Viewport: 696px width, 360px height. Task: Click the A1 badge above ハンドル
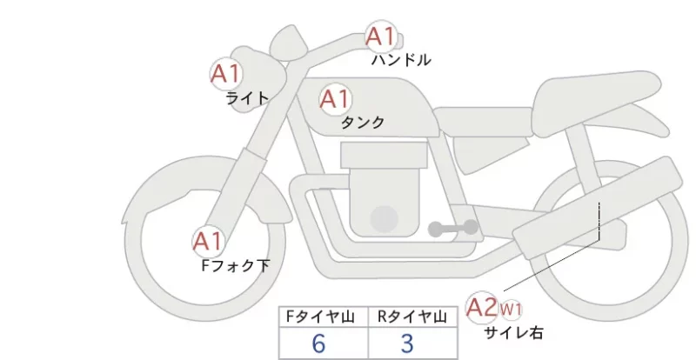coord(380,37)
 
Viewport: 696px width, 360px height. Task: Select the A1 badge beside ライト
coord(225,74)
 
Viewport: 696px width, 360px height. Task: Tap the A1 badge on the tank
coord(335,99)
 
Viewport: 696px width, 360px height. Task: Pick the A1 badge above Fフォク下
coord(208,242)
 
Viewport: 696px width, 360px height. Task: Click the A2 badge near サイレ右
coord(482,308)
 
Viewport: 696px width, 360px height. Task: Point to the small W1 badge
coord(511,309)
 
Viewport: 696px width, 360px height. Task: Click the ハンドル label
coord(401,59)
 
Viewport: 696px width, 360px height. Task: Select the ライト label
coord(247,98)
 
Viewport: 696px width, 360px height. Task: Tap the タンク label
coord(363,122)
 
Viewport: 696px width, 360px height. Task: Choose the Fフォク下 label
coord(235,265)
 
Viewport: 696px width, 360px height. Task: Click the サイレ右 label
coord(513,332)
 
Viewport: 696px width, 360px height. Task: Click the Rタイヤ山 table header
coord(412,317)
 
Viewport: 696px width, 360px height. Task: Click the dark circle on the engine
coord(385,219)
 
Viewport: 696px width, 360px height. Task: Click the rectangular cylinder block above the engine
coord(384,155)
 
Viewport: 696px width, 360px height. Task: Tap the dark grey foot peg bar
coord(453,228)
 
